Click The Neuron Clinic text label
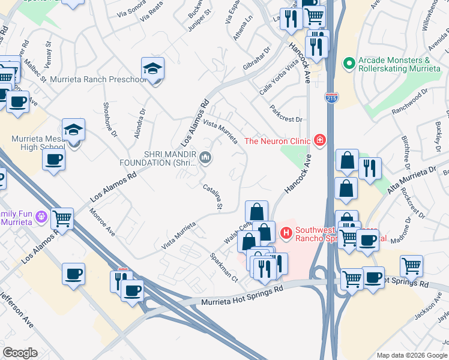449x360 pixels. tap(277, 141)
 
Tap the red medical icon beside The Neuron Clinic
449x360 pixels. tap(320, 141)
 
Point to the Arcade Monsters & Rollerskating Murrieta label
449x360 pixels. tap(394, 64)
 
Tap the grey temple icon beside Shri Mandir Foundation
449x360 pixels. tap(206, 158)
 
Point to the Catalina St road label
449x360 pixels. tap(212, 197)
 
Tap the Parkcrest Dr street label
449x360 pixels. tap(286, 114)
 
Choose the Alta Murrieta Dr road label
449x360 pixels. tap(411, 181)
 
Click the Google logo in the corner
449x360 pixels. tap(20, 353)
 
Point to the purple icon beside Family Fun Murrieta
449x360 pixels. tap(41, 217)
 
